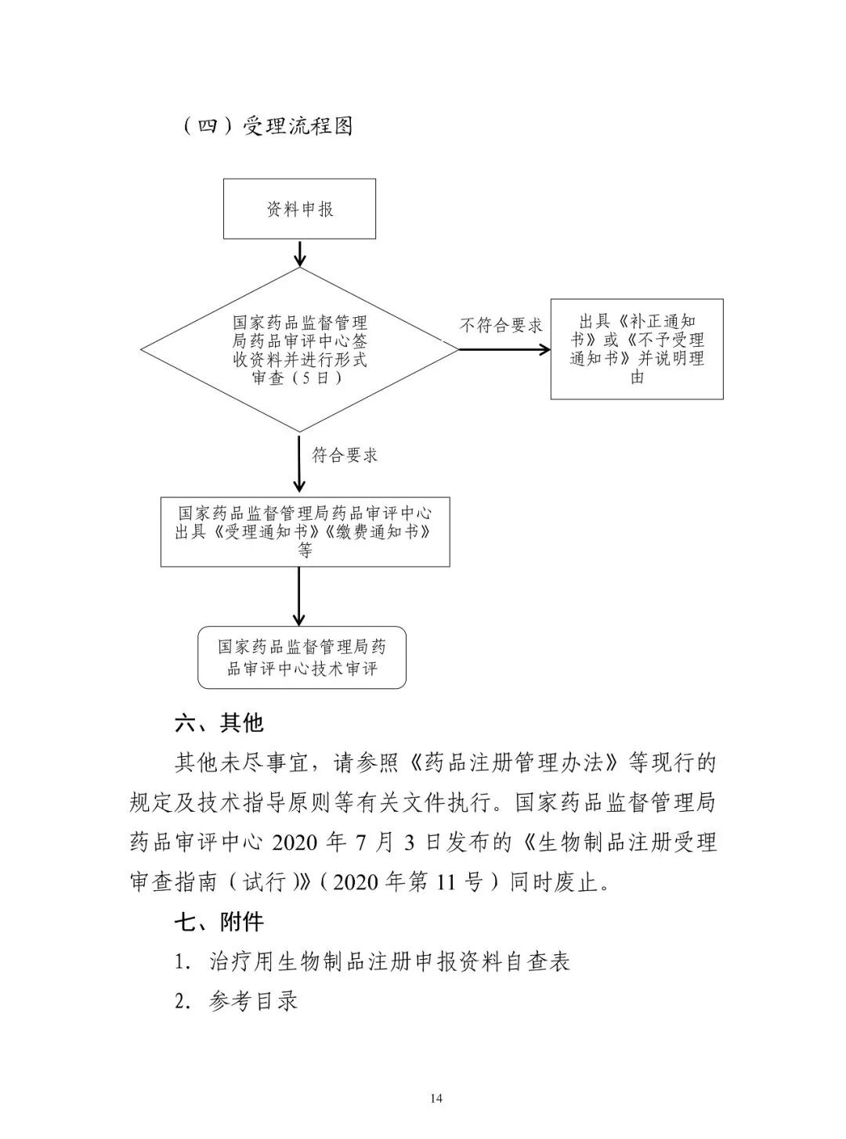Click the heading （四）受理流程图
coord(266,126)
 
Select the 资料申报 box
coord(299,209)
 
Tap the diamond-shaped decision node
coord(299,350)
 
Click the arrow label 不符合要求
coord(501,326)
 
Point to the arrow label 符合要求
coord(345,455)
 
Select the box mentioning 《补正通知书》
coord(636,349)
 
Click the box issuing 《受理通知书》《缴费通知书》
coord(305,532)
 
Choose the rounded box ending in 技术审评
coord(302,658)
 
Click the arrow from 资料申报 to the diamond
coord(299,253)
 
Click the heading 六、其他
coord(219,723)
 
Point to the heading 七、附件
coord(219,922)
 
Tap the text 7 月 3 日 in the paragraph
coord(399,842)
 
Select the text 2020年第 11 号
coord(415,882)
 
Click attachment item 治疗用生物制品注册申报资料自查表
coord(389,962)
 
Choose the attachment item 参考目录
coord(254,1001)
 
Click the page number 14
coord(437,1099)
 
